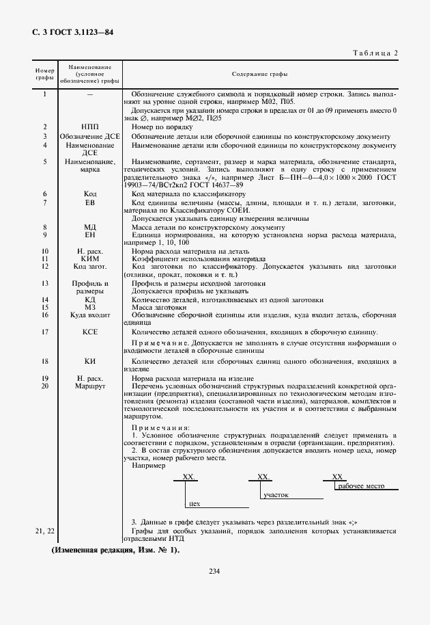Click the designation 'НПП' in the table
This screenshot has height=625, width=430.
click(x=89, y=127)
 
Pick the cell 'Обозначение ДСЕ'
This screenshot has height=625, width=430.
click(x=89, y=136)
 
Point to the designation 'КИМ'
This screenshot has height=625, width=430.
click(x=89, y=259)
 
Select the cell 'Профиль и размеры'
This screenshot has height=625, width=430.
click(x=89, y=287)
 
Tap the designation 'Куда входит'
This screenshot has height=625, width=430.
click(x=89, y=315)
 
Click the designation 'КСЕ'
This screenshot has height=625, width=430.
click(x=89, y=332)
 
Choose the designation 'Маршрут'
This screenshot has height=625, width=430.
click(x=89, y=386)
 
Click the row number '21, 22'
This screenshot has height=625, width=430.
click(x=44, y=531)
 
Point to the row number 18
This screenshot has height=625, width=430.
click(x=44, y=360)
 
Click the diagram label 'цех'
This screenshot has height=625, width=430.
click(x=194, y=503)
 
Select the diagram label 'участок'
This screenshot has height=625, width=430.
click(x=276, y=494)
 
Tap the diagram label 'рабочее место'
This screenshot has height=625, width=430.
click(x=361, y=486)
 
